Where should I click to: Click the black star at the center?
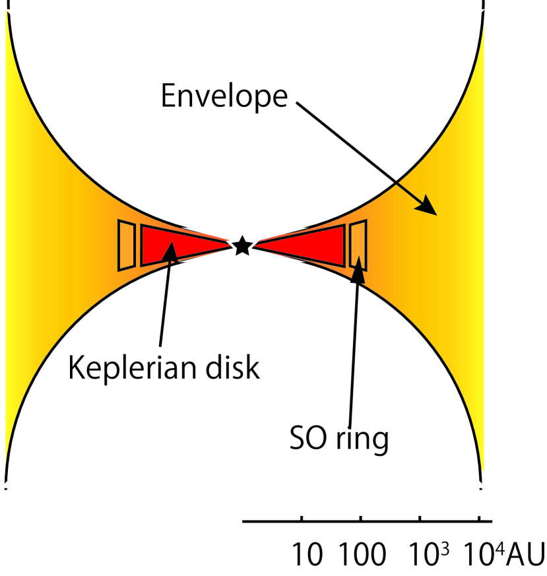[x=242, y=245]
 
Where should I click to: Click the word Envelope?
[x=224, y=96]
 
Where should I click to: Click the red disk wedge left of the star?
[x=178, y=245]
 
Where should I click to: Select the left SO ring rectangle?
[x=127, y=245]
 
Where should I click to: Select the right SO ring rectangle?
[x=358, y=245]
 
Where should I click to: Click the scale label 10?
[x=308, y=556]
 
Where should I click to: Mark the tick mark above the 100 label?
[x=361, y=518]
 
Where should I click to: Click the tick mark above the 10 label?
[x=302, y=518]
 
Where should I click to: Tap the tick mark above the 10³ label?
[x=420, y=518]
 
